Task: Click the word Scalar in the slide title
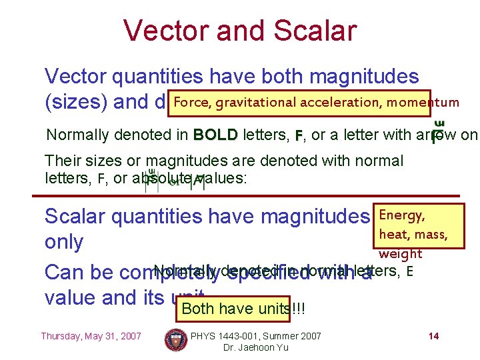click(311, 31)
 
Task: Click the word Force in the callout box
click(191, 102)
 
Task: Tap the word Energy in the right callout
click(401, 215)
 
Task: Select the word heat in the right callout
click(393, 234)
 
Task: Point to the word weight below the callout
click(400, 253)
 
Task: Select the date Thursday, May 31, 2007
click(91, 336)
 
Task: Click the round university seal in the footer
click(176, 340)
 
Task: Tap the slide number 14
click(433, 336)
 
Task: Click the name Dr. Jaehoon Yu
click(256, 348)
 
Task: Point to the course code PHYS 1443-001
click(230, 336)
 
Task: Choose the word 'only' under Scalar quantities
click(63, 243)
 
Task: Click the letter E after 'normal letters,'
click(409, 271)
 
